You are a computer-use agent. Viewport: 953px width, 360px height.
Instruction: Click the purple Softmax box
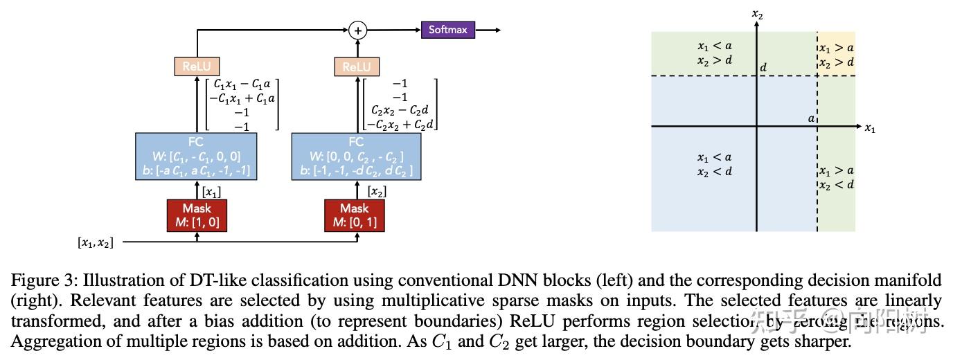[x=448, y=30]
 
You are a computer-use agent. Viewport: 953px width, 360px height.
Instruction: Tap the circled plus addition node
[x=357, y=30]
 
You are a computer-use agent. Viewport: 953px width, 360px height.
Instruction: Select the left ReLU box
[x=197, y=66]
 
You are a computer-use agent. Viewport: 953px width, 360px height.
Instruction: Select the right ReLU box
[x=357, y=66]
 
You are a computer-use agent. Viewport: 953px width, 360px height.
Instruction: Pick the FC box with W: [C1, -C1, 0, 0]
[x=197, y=156]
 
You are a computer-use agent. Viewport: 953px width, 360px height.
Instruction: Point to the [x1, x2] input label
[x=95, y=242]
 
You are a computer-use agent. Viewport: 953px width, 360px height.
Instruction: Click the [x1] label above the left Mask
[x=211, y=191]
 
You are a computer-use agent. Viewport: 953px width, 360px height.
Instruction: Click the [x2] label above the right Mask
[x=377, y=191]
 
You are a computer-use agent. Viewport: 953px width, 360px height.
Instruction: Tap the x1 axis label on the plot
[x=870, y=128]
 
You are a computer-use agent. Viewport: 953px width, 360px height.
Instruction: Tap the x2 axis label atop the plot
[x=757, y=13]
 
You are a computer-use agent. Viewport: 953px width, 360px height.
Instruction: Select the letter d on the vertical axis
[x=763, y=67]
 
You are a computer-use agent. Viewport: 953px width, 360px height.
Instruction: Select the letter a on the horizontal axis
[x=811, y=118]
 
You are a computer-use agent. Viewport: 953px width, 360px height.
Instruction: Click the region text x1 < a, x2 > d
[x=715, y=53]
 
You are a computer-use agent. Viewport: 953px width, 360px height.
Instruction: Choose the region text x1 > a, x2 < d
[x=836, y=178]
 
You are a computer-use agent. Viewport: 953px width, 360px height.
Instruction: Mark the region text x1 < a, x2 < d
[x=715, y=164]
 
